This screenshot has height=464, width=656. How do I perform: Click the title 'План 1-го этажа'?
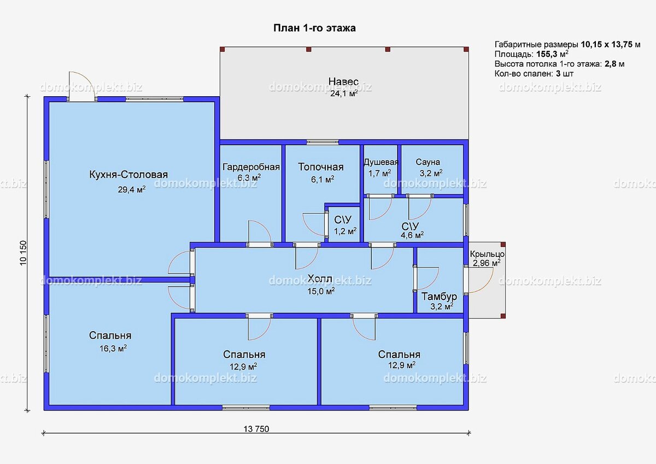pyautogui.click(x=314, y=28)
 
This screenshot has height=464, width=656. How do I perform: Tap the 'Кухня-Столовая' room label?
pyautogui.click(x=128, y=174)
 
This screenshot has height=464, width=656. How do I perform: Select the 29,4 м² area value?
pyautogui.click(x=132, y=190)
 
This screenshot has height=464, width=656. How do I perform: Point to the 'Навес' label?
pyautogui.click(x=343, y=81)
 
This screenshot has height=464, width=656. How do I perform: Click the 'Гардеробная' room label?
pyautogui.click(x=251, y=167)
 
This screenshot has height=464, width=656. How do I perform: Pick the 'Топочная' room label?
pyautogui.click(x=321, y=167)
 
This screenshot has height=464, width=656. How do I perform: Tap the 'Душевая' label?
pyautogui.click(x=380, y=162)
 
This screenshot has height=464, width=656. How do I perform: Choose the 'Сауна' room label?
pyautogui.click(x=427, y=162)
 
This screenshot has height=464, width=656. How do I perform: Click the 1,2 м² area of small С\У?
pyautogui.click(x=345, y=231)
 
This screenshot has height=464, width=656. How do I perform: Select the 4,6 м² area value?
pyautogui.click(x=412, y=235)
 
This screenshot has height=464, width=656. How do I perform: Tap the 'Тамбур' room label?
pyautogui.click(x=439, y=296)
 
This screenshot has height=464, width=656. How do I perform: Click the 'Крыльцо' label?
pyautogui.click(x=487, y=254)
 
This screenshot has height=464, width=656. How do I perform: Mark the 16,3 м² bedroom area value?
pyautogui.click(x=113, y=348)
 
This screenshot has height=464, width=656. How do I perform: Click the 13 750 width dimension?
pyautogui.click(x=256, y=429)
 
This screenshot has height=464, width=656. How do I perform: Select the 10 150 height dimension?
pyautogui.click(x=24, y=253)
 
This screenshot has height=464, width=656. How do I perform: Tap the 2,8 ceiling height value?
pyautogui.click(x=611, y=64)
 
